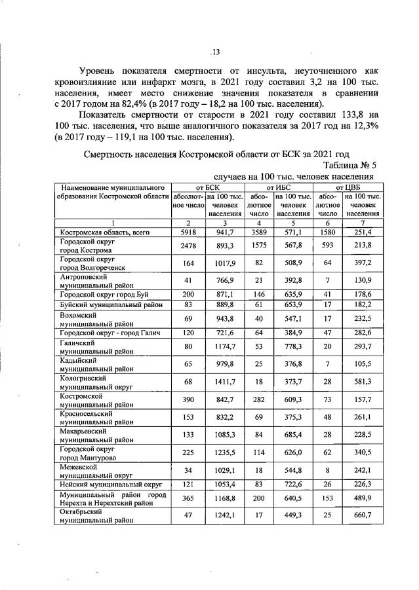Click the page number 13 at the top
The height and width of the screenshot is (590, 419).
click(214, 53)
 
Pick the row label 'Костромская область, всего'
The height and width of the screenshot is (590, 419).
click(101, 232)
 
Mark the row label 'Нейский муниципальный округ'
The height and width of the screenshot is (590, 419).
click(108, 483)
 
